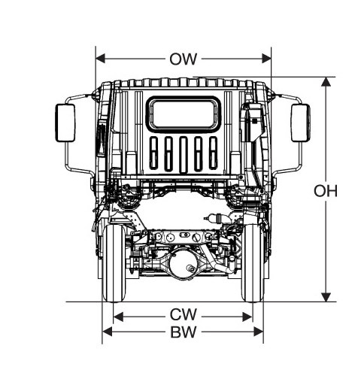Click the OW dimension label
[x=184, y=59]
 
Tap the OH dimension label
[x=326, y=191]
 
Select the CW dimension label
[x=184, y=314]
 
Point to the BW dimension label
[x=184, y=332]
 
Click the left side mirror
[x=65, y=123]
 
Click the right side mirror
[x=301, y=123]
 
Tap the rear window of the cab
[x=184, y=114]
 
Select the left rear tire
[x=114, y=263]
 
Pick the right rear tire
[x=253, y=263]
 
